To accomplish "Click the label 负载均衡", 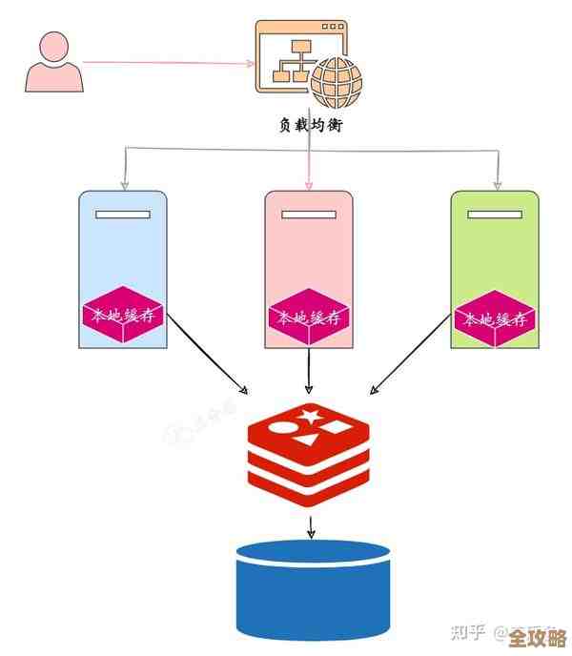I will [310, 124].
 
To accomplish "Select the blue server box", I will [123, 248].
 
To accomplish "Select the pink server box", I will [309, 248].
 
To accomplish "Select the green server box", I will [495, 248].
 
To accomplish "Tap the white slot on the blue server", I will [123, 214].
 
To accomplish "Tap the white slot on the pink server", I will [309, 214].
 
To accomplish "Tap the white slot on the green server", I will [495, 214].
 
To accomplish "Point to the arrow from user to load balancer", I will [167, 63].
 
